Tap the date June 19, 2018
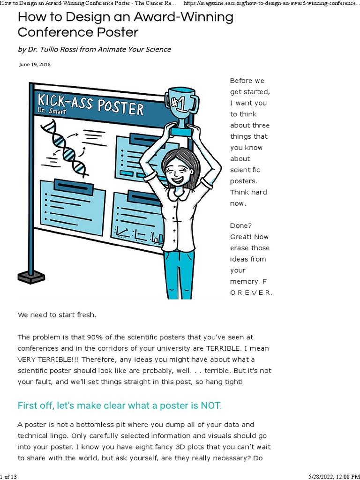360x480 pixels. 35,65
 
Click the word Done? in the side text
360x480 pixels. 241,225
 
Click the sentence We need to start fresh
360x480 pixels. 57,315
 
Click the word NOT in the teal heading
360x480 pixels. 209,405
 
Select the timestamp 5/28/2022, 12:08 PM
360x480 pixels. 334,476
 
